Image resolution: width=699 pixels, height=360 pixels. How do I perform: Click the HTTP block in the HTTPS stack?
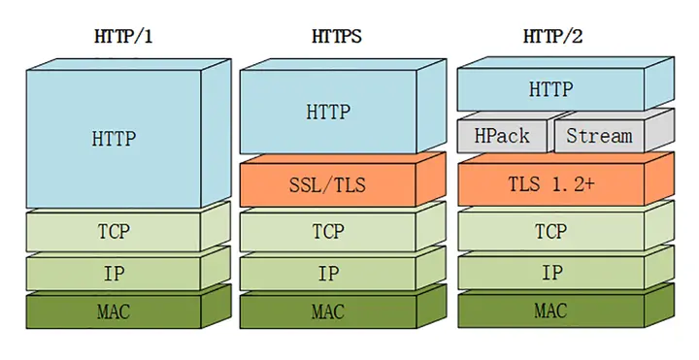(x=328, y=112)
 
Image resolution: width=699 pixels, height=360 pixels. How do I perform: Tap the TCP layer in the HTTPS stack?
(x=328, y=233)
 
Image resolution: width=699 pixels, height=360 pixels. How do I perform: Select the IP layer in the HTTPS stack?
(x=328, y=274)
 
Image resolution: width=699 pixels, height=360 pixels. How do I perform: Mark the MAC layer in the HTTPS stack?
(x=328, y=312)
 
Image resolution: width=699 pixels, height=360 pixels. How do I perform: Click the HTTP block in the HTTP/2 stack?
(x=550, y=90)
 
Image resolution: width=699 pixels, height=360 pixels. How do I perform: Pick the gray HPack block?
(x=502, y=136)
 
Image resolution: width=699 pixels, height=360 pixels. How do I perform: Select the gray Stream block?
(x=599, y=136)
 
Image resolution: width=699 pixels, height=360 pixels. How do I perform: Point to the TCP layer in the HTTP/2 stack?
(x=550, y=233)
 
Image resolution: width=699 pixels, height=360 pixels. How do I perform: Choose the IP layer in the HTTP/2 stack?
(x=550, y=273)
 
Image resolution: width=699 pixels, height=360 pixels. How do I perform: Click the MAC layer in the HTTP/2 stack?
(x=550, y=311)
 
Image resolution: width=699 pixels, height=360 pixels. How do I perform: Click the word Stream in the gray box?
(x=599, y=136)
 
